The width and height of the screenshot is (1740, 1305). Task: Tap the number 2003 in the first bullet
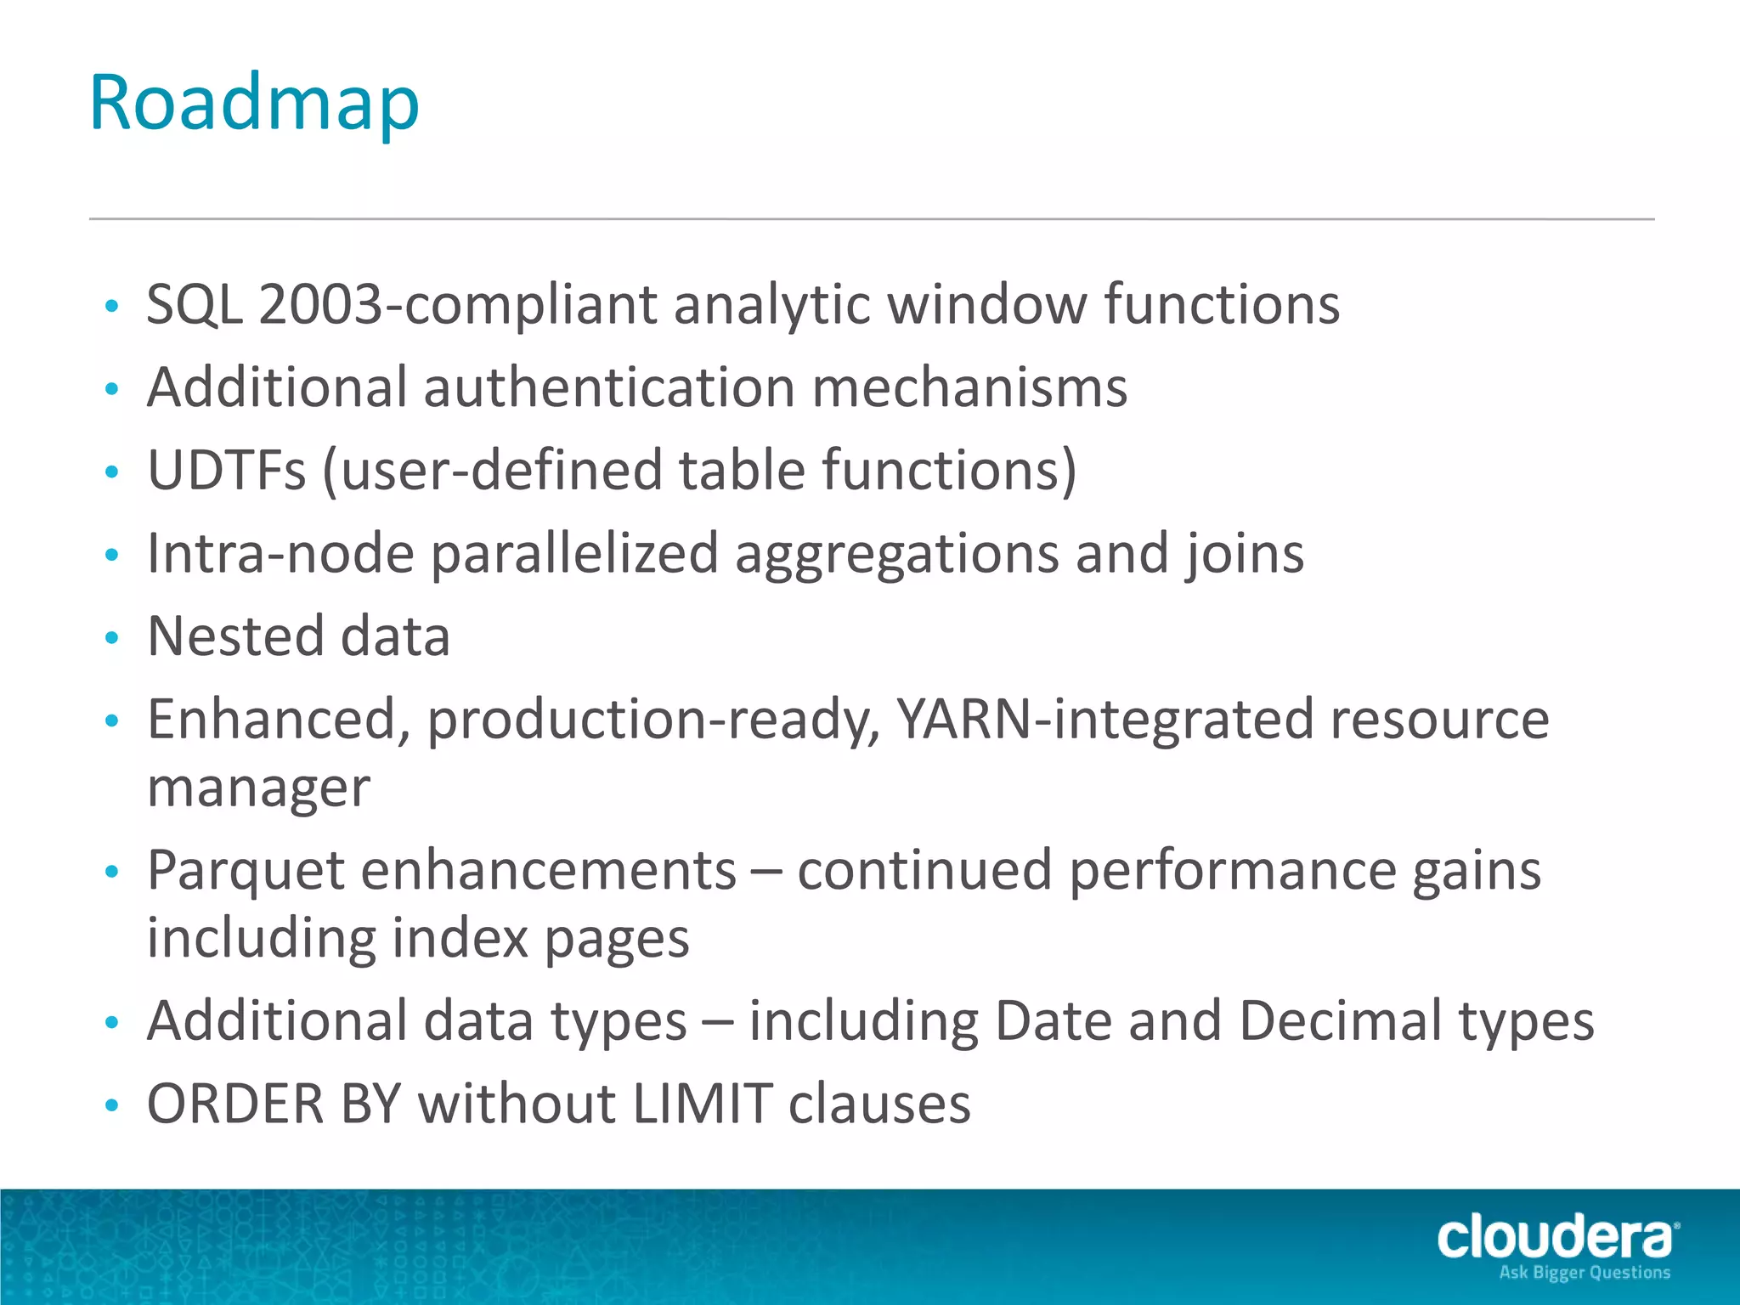pos(320,304)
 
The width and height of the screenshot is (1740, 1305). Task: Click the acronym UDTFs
pos(226,470)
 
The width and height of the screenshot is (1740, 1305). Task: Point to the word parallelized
pos(575,554)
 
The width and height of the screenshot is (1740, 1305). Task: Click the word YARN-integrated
pos(1105,720)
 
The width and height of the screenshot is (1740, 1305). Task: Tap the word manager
pos(258,788)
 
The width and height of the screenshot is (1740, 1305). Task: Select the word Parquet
pos(246,872)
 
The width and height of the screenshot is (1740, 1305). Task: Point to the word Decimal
pos(1341,1020)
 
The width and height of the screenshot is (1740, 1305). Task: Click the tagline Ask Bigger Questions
pos(1585,1273)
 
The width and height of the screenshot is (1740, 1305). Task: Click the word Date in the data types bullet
pos(1053,1020)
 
